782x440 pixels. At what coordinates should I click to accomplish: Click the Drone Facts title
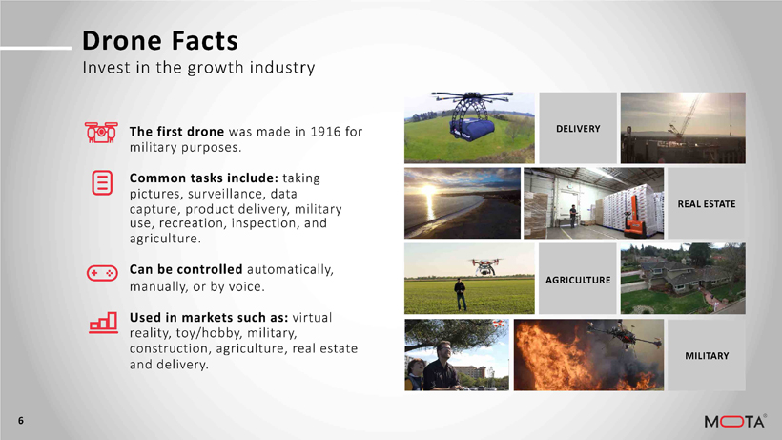click(160, 40)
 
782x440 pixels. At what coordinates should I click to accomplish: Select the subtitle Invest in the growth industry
click(198, 68)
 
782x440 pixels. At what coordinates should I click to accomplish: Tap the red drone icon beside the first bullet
click(101, 133)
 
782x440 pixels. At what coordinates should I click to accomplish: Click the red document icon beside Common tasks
click(102, 182)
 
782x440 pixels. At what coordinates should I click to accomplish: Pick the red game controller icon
click(102, 273)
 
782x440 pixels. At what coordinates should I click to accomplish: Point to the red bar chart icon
click(103, 323)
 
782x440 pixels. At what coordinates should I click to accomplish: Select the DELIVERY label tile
click(578, 128)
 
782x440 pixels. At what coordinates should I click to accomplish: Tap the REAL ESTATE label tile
click(707, 203)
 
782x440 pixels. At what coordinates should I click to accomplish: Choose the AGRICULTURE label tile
click(578, 280)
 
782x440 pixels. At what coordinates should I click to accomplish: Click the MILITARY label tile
click(707, 355)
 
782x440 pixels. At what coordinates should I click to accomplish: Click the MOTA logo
click(735, 421)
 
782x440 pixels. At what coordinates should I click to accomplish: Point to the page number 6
click(21, 421)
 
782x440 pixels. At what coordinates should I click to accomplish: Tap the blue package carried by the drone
click(470, 127)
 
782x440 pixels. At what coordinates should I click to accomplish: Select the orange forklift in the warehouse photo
click(635, 216)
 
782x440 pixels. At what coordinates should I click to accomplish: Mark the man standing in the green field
click(461, 294)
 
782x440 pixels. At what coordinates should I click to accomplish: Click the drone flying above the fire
click(623, 336)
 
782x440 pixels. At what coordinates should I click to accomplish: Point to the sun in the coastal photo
click(429, 190)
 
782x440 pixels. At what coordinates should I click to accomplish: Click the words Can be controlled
click(186, 269)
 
